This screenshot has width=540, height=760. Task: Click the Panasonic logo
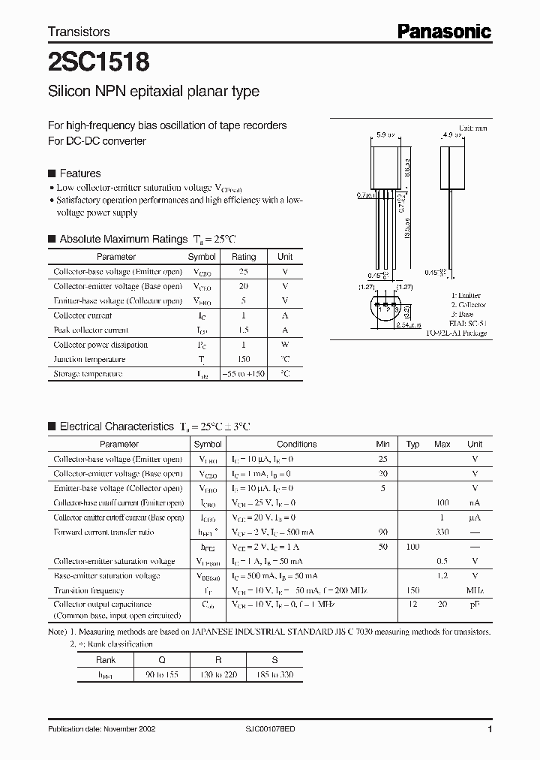click(x=444, y=31)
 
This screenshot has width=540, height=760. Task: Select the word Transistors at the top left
click(x=79, y=32)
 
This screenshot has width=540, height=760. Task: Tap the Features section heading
click(x=80, y=173)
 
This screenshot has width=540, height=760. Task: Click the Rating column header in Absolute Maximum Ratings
click(x=244, y=257)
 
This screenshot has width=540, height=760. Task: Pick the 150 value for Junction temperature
click(x=244, y=359)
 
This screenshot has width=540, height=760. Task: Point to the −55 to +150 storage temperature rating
click(x=244, y=373)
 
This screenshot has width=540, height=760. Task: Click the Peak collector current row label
click(x=91, y=330)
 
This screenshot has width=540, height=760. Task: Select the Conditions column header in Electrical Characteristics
click(x=297, y=445)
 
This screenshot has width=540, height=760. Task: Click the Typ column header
click(x=412, y=445)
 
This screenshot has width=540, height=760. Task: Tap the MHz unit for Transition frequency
click(x=475, y=590)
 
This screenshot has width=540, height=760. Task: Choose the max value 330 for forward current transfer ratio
click(x=442, y=532)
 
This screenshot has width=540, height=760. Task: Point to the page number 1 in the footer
click(x=490, y=729)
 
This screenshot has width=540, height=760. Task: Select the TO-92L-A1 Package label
click(x=456, y=333)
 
